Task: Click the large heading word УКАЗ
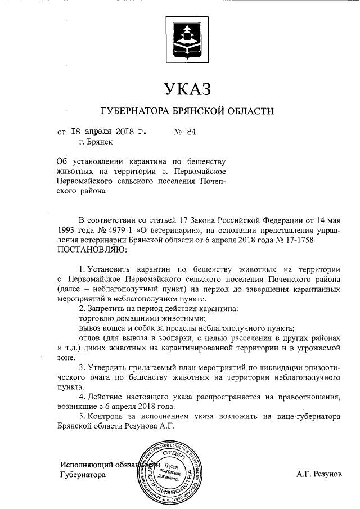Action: pos(187,88)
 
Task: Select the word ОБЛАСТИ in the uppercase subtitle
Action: pos(251,110)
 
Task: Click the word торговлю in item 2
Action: pos(96,318)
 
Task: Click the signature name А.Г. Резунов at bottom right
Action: pos(319,474)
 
